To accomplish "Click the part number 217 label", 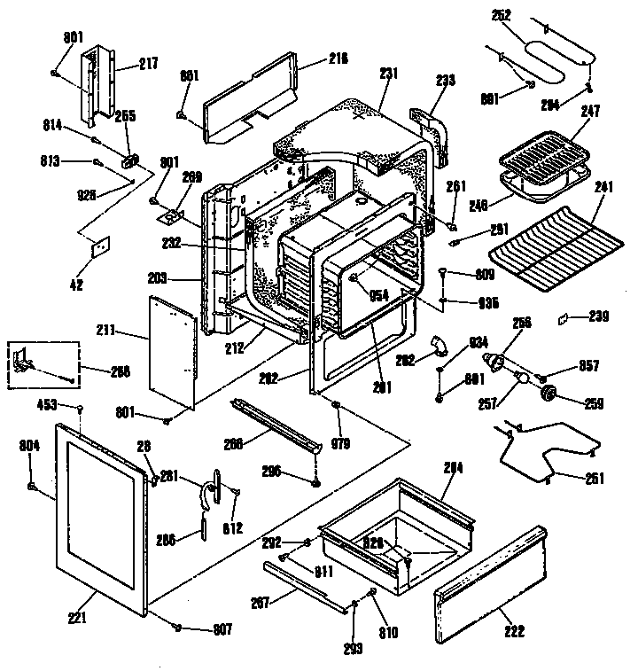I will (147, 64).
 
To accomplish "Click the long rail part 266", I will (274, 428).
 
